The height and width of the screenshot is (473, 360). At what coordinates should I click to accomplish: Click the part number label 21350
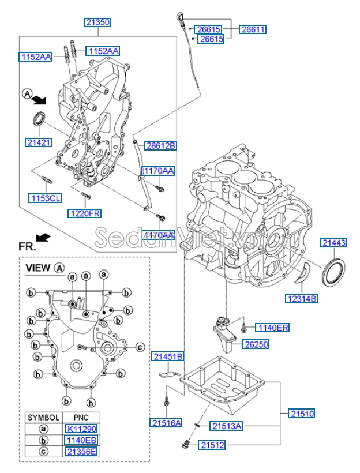97,22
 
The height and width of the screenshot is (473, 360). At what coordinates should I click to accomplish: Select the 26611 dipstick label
253,29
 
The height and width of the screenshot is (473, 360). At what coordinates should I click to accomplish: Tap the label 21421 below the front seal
38,142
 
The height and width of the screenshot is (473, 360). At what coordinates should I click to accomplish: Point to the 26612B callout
160,146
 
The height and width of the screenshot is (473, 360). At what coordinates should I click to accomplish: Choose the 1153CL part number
45,198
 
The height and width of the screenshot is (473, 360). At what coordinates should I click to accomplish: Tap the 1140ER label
272,328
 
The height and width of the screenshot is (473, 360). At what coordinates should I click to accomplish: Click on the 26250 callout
254,344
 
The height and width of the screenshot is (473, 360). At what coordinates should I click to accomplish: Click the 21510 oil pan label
302,413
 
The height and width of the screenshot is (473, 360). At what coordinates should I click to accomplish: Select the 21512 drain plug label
213,445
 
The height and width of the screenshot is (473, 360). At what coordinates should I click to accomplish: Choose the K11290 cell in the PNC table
81,429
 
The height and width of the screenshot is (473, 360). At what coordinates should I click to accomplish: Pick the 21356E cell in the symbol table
81,451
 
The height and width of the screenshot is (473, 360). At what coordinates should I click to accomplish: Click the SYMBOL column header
43,417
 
